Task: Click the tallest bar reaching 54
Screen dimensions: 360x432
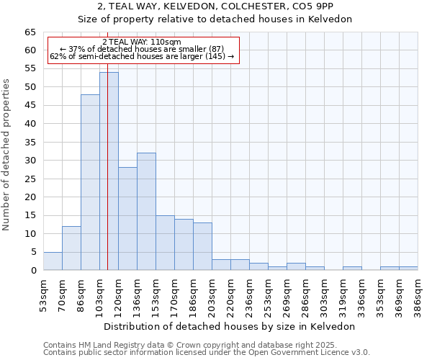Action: tap(109, 171)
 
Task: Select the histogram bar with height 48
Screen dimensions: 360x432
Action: tap(90, 182)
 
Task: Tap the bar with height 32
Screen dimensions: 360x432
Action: tap(146, 212)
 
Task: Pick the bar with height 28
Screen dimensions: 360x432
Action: tap(127, 219)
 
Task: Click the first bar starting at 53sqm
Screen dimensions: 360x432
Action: tap(53, 261)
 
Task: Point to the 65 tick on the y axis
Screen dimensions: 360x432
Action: tap(30, 32)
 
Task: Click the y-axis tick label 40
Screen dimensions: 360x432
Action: tap(30, 124)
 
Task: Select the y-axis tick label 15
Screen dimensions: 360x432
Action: tap(30, 215)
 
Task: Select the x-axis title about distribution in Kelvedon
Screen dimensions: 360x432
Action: tap(230, 326)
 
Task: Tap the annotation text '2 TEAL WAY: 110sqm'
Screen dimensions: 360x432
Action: tap(142, 42)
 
